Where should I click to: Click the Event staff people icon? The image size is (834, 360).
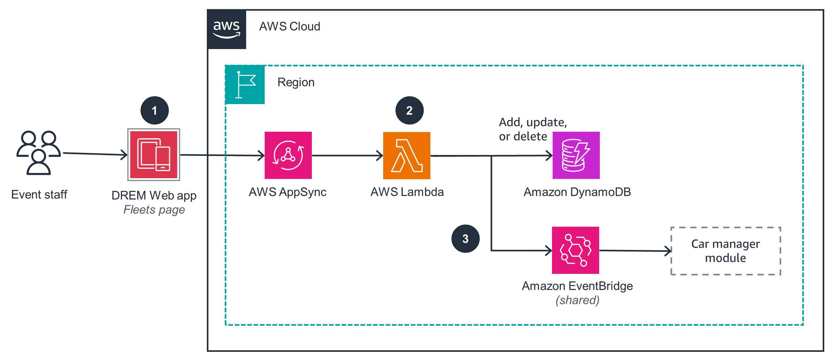coord(39,153)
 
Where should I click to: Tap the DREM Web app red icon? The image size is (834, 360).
coord(154,155)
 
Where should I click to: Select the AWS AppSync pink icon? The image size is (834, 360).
coord(288,155)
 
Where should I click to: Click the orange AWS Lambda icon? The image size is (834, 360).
coord(407,155)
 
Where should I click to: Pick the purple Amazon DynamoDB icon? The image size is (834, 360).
coord(576,155)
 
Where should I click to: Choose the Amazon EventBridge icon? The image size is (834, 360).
coord(575,250)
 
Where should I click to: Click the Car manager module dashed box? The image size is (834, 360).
coord(726,251)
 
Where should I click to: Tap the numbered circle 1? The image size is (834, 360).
coord(154,110)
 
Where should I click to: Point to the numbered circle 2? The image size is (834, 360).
coord(410,110)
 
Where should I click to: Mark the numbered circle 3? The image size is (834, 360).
coord(465,239)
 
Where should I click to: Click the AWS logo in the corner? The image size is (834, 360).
coord(227,29)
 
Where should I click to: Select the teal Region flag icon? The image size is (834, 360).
coord(245,85)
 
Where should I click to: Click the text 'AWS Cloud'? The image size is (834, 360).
coord(290,26)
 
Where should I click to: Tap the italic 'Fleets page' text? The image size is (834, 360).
coord(154,210)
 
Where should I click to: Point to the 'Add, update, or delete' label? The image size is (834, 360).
coord(532,129)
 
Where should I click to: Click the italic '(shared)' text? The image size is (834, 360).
coord(577,300)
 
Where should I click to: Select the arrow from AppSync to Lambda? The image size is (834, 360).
coord(347,156)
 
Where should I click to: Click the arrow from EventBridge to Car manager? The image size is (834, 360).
coord(635,251)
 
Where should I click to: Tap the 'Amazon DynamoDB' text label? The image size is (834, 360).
coord(577,192)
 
